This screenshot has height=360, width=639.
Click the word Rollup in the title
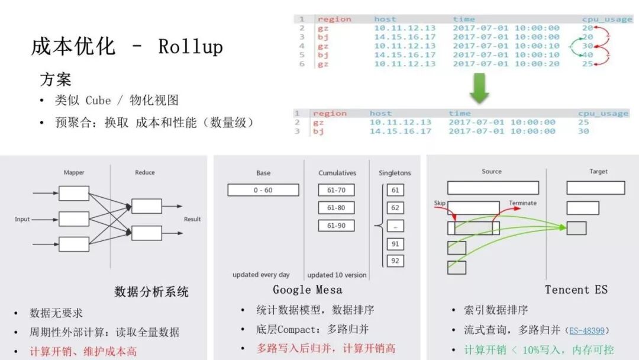point(191,47)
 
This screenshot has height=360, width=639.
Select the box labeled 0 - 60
point(263,190)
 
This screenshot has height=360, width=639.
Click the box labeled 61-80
point(335,208)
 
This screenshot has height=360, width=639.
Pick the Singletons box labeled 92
point(395,261)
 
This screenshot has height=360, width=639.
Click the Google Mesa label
point(307,290)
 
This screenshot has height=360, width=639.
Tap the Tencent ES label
point(576,290)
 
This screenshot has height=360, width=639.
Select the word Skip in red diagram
point(440,203)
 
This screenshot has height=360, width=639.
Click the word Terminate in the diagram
point(522,203)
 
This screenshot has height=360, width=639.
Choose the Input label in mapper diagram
point(22,219)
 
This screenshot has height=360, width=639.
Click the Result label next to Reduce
point(192,219)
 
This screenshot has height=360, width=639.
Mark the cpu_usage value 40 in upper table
point(588,54)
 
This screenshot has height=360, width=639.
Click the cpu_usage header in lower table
point(603,114)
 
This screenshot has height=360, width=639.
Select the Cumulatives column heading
point(337,173)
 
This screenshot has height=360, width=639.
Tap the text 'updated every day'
point(261,275)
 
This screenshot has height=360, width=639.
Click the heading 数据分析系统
point(151,291)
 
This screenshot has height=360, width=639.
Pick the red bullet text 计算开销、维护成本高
point(83,351)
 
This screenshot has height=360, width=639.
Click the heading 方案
point(56,79)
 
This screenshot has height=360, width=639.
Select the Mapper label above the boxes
point(74,172)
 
